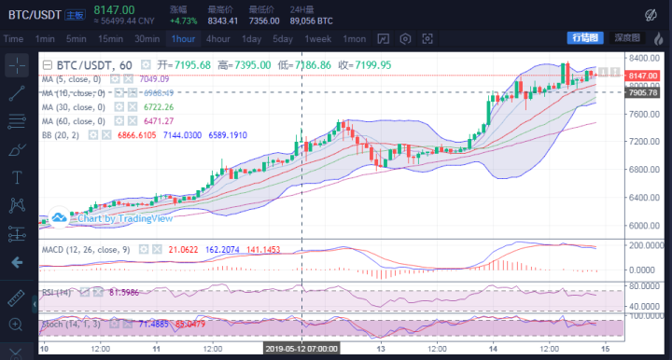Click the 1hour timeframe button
[x=183, y=38]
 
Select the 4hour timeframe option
[x=218, y=38]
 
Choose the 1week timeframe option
[x=318, y=38]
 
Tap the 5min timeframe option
[x=77, y=38]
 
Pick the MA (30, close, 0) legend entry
[x=74, y=107]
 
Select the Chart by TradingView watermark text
[x=111, y=218]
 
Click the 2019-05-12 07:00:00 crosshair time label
[x=301, y=348]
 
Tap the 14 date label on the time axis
[x=492, y=348]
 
